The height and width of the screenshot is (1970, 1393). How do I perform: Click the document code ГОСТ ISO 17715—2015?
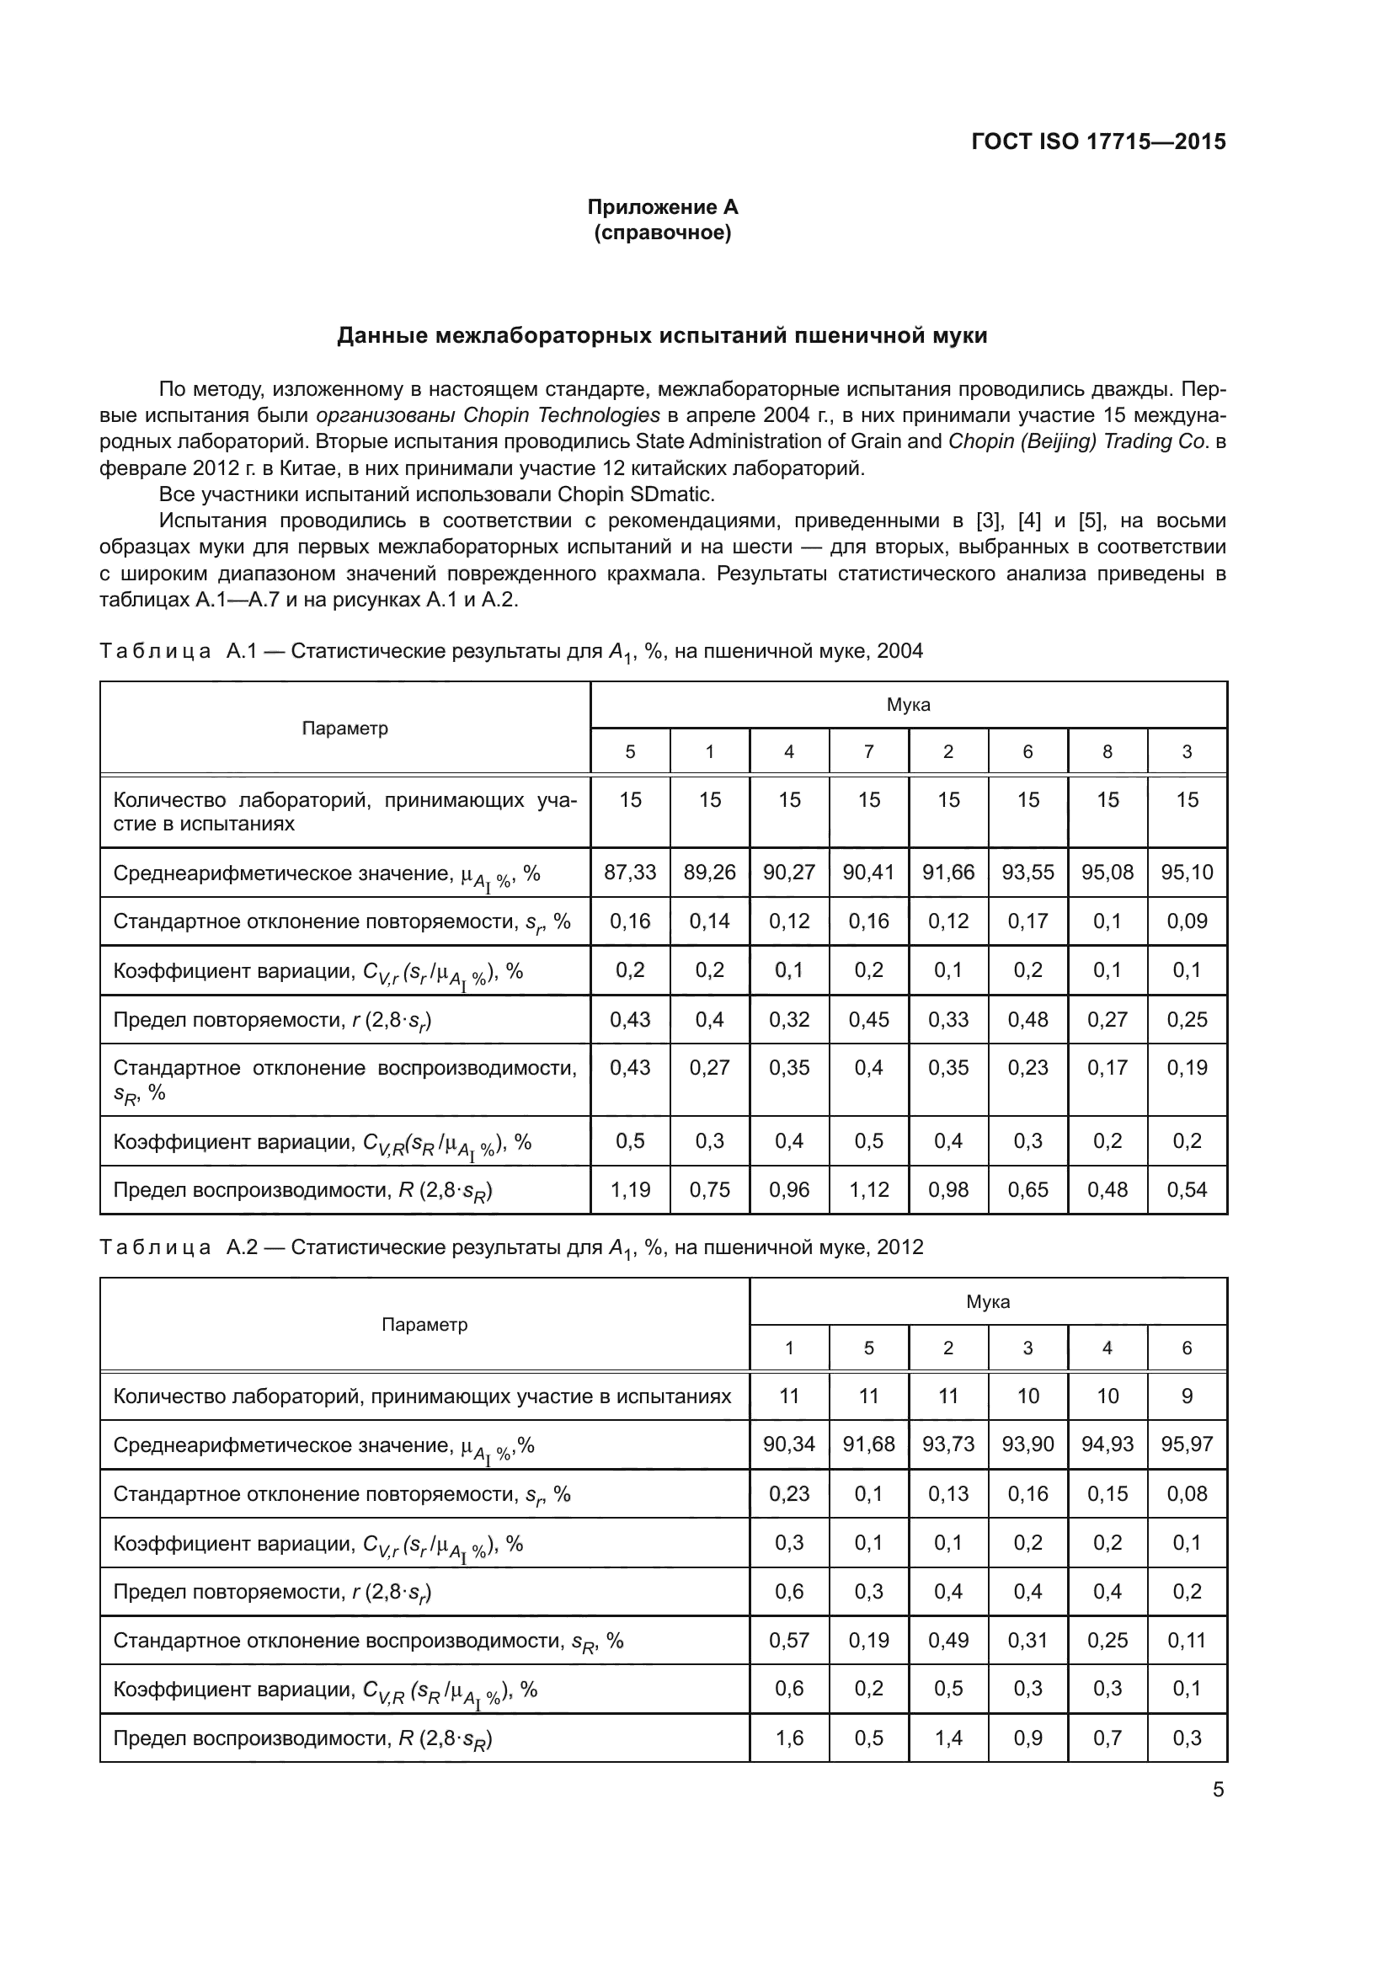click(x=1098, y=141)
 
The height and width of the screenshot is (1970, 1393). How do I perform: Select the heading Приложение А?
click(x=662, y=207)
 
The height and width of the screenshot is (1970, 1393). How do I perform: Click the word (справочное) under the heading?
click(x=662, y=232)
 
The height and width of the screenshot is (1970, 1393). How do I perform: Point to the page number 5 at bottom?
click(x=1218, y=1790)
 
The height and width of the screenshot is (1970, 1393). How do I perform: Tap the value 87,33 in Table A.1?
click(x=630, y=873)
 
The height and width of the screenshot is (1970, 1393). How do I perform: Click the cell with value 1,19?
click(x=630, y=1190)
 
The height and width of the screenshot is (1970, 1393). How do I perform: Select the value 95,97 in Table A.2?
click(x=1187, y=1444)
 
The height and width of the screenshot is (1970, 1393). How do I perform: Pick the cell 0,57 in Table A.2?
click(x=788, y=1641)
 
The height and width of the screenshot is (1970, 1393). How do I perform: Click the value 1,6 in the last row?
click(x=788, y=1738)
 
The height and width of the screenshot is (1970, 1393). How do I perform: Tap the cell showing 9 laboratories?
click(x=1187, y=1396)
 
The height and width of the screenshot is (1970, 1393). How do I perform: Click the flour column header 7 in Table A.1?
click(x=868, y=751)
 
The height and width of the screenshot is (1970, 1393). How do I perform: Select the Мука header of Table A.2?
click(x=987, y=1301)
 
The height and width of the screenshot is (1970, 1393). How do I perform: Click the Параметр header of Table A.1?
click(x=344, y=729)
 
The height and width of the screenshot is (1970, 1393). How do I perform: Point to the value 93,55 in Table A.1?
click(x=1027, y=873)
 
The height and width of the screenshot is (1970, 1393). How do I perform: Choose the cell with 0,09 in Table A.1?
click(x=1187, y=921)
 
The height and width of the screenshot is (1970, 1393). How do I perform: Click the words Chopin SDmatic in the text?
click(x=635, y=494)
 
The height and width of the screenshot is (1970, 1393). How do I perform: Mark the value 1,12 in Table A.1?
click(x=868, y=1190)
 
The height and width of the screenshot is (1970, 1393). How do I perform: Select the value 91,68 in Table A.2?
click(x=868, y=1444)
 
